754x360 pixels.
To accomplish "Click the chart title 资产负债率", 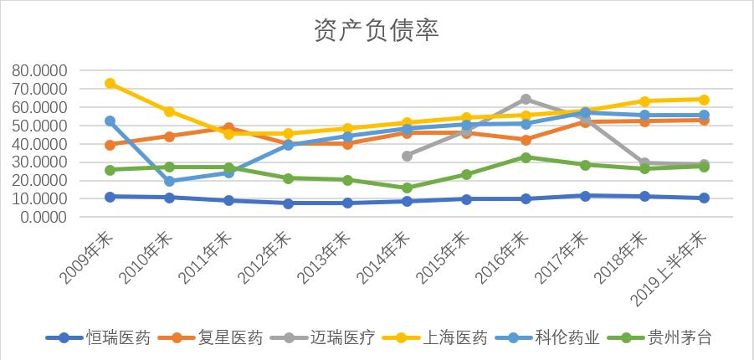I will point(377,30).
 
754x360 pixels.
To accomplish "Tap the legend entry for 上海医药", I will point(454,338).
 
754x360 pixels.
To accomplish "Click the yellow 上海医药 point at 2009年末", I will point(110,84).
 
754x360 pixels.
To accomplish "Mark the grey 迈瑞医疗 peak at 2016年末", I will point(526,99).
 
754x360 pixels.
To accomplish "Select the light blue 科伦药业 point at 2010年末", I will point(169,181).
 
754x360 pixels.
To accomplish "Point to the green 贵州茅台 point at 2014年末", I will point(407,188).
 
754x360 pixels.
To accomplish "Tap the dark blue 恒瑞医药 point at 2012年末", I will point(288,203).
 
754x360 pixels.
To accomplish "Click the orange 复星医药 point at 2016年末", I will point(526,140).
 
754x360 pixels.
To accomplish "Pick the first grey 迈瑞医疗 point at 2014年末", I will point(407,156).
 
